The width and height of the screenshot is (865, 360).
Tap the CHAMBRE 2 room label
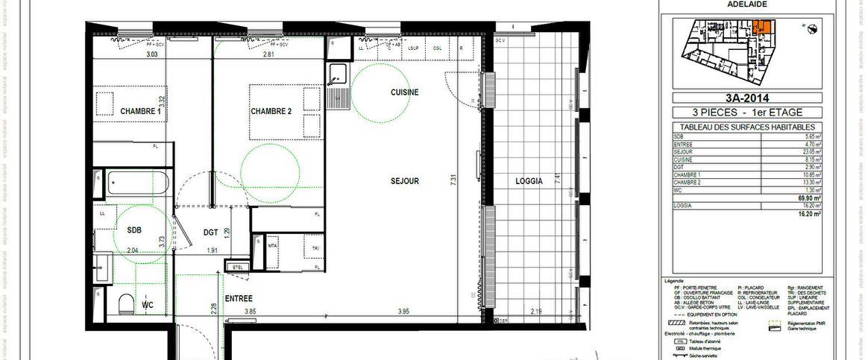pos(271,111)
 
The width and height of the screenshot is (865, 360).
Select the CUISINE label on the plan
pos(405,92)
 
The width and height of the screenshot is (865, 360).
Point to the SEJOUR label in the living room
pos(404,181)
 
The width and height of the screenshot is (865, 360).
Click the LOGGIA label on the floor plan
pos(528,182)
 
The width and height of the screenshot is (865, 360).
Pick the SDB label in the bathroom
pos(134,230)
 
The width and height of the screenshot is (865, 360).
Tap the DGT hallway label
pos(211,232)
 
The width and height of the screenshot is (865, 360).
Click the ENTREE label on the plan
pos(239,298)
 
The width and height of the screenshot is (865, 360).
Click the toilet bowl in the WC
pos(126,302)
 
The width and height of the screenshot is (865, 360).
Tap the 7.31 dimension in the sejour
pos(453,180)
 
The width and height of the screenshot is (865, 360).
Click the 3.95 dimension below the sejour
pos(404,311)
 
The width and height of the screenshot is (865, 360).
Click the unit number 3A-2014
pos(746,97)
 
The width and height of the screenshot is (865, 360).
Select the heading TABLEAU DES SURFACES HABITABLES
pos(746,127)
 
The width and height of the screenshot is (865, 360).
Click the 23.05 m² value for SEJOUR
pos(813,151)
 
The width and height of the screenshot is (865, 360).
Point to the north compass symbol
pos(811,28)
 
